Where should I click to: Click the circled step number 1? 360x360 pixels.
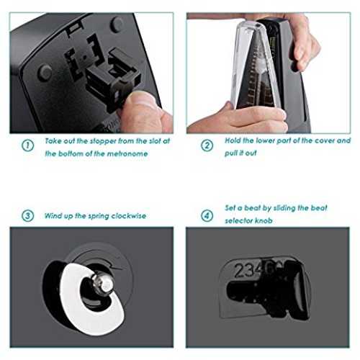coord(27,145)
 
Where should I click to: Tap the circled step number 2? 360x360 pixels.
coord(207,145)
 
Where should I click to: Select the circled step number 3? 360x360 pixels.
coord(27,216)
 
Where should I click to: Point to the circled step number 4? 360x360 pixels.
coord(207,216)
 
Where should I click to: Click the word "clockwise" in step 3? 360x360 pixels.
coord(129,216)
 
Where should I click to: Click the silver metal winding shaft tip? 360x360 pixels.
coord(104,284)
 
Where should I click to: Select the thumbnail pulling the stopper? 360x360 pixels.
coord(142,99)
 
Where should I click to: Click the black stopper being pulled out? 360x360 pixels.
coord(114,79)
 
